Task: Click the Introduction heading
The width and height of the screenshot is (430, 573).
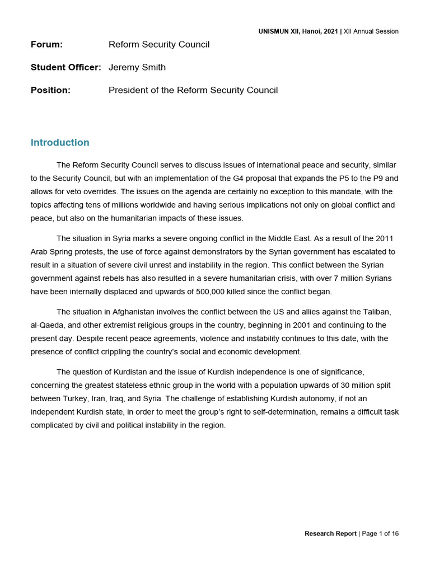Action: [x=60, y=143]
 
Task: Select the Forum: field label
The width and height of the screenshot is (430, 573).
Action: [x=46, y=44]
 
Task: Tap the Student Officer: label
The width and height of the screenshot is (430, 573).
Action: [x=66, y=67]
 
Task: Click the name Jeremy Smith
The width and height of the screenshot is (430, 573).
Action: [x=137, y=67]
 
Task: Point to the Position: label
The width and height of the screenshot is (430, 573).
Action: [x=50, y=90]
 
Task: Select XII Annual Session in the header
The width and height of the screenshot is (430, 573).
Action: [x=371, y=31]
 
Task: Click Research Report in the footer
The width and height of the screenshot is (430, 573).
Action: [x=330, y=533]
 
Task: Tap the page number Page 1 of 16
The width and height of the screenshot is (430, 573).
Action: [x=380, y=533]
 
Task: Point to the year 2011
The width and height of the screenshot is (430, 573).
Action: [x=388, y=238]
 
